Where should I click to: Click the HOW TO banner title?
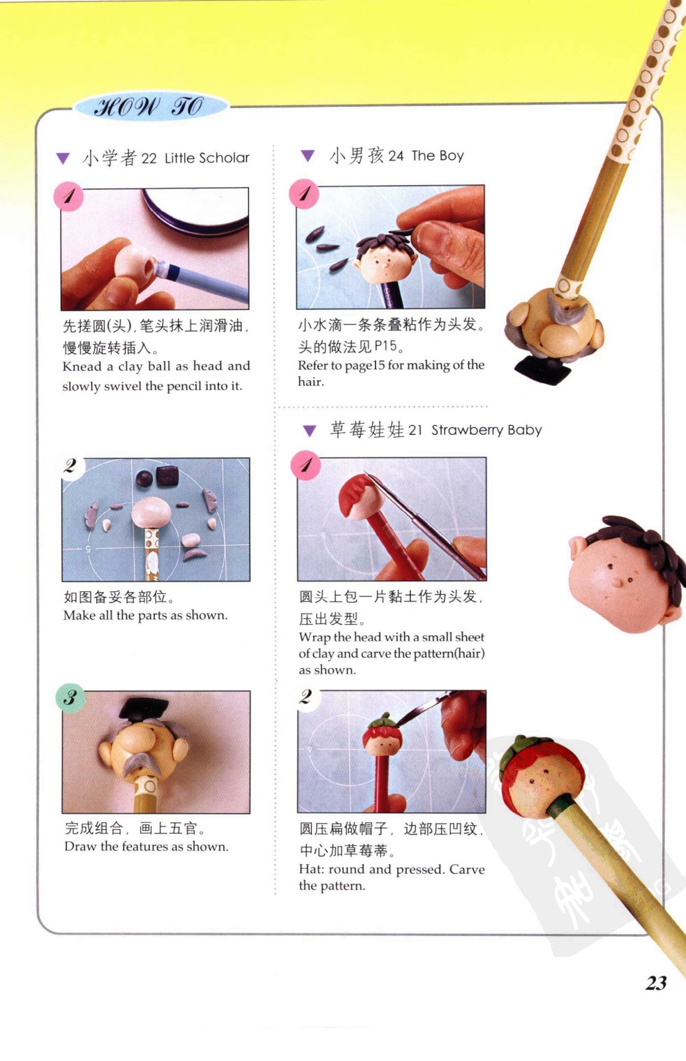(x=149, y=107)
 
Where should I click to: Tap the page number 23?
(x=656, y=983)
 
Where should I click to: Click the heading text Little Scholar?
(x=207, y=158)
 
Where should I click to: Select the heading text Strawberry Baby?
(x=486, y=429)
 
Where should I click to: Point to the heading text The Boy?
(x=438, y=156)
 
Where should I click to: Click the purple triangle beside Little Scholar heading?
(x=63, y=158)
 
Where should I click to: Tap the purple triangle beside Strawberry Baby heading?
(x=309, y=431)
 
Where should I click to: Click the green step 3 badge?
(x=70, y=698)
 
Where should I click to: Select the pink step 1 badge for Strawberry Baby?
(x=306, y=465)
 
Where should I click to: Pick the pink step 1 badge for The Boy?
(x=304, y=194)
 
